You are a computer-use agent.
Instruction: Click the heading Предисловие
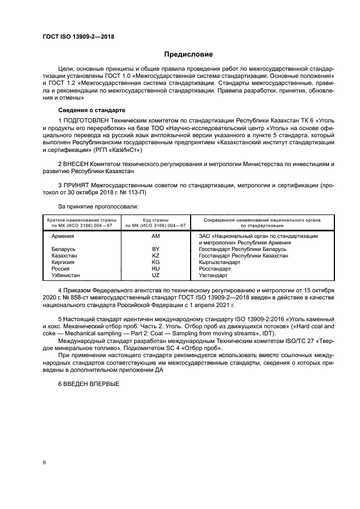(x=189, y=54)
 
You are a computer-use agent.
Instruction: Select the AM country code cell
(x=155, y=236)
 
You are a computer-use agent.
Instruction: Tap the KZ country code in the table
(x=155, y=255)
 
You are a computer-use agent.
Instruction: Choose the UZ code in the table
(x=155, y=275)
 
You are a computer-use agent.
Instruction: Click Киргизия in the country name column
(x=63, y=262)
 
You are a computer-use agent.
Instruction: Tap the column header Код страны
(x=155, y=219)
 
